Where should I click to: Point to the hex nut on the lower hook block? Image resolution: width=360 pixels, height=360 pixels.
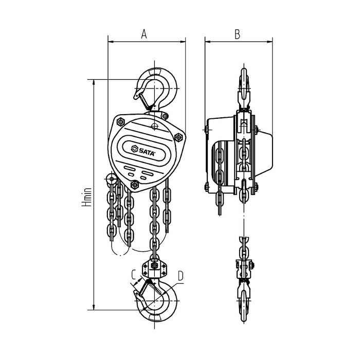pos(154,267)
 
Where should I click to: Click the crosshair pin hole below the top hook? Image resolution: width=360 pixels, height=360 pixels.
pos(154,125)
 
